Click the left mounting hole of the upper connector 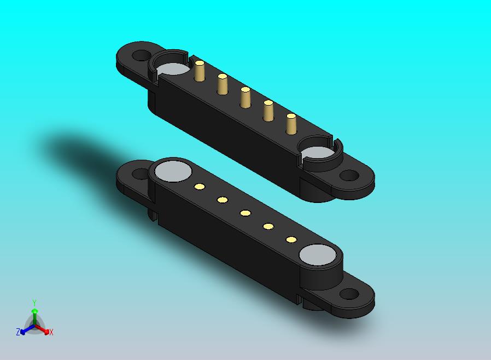(142, 55)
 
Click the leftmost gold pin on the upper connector (200, 72)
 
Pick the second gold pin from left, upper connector (223, 84)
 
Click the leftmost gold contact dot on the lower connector (200, 187)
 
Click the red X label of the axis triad (51, 332)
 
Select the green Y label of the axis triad (34, 303)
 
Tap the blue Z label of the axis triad (18, 332)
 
